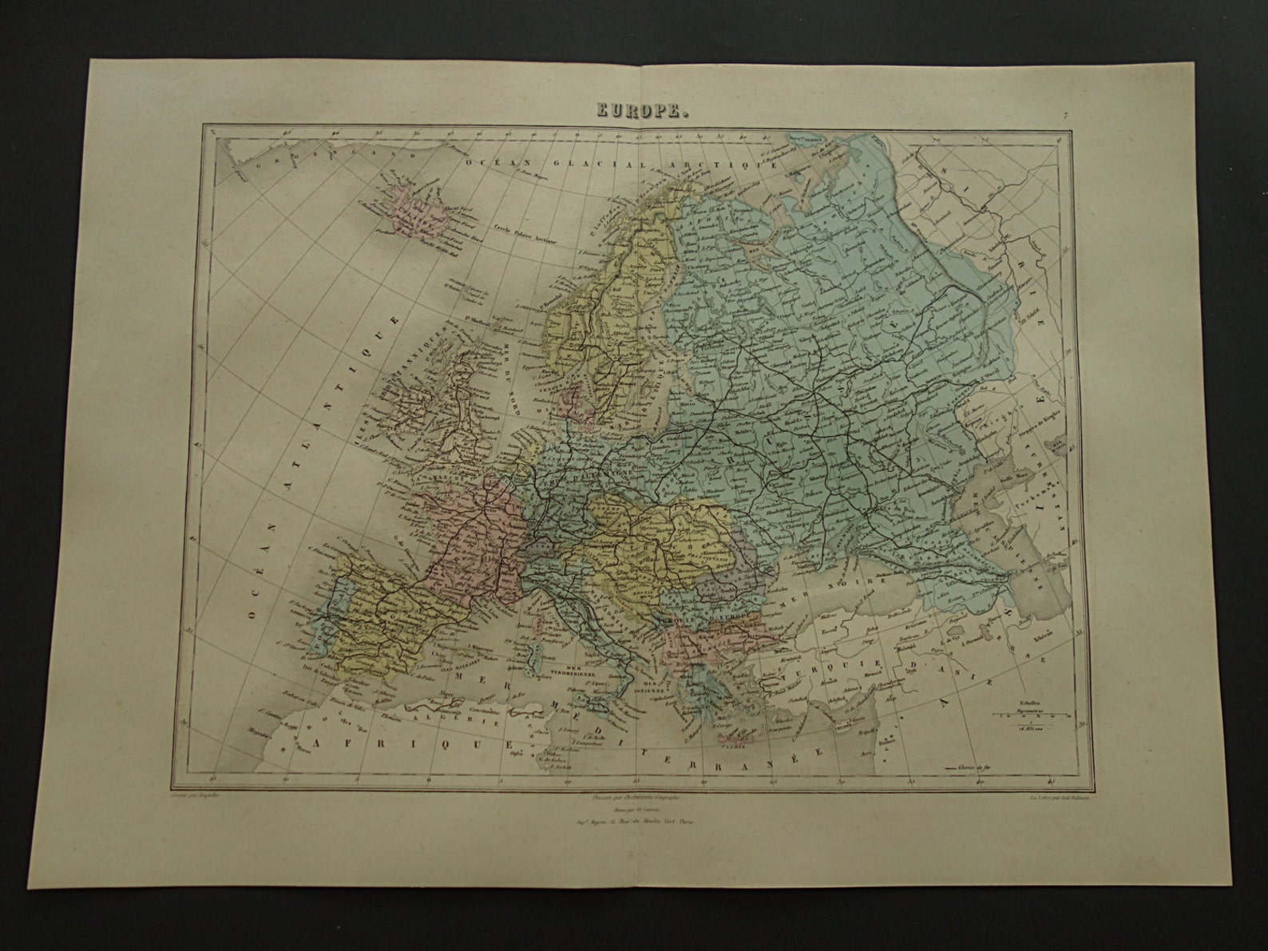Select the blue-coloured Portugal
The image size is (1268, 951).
click(319, 614)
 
